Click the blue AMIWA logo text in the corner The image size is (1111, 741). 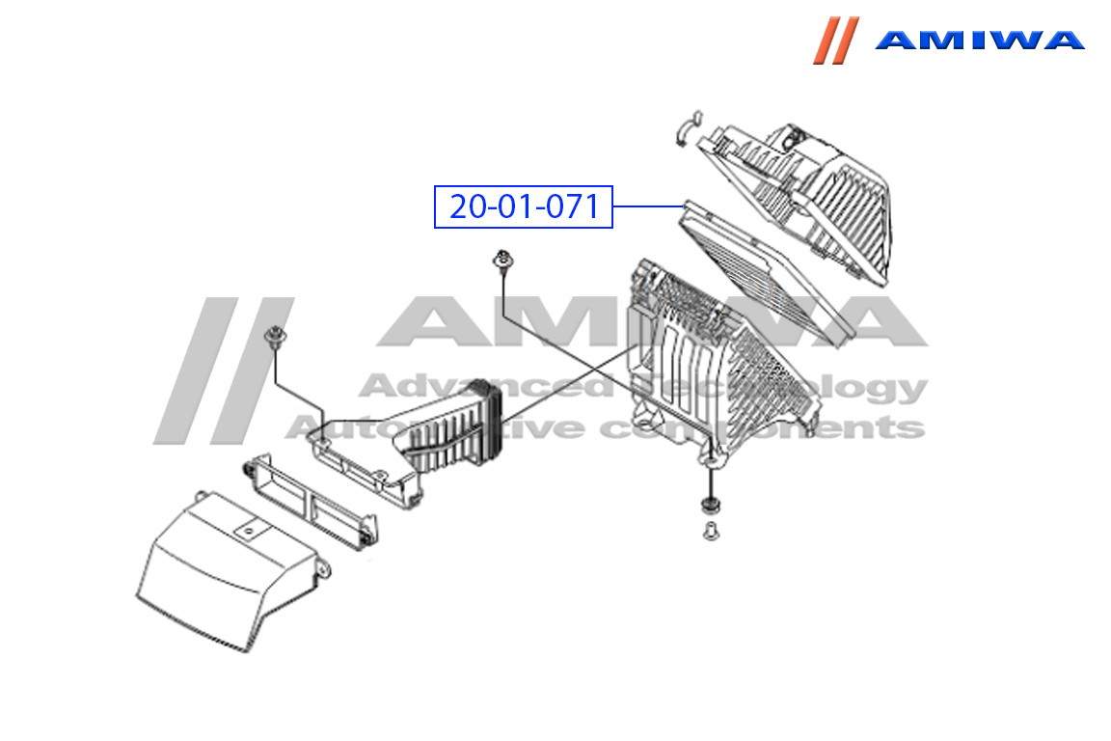tap(979, 40)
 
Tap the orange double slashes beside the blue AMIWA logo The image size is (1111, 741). tap(836, 41)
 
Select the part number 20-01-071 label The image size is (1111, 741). tap(524, 206)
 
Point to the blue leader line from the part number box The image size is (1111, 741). tap(648, 206)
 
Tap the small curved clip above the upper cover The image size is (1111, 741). tap(688, 127)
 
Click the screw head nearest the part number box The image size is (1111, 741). tap(503, 260)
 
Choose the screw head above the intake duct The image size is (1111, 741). tap(275, 337)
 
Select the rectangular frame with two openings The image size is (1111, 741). tap(311, 502)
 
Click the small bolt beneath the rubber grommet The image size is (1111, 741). tap(711, 531)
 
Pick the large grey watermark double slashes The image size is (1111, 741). tap(224, 370)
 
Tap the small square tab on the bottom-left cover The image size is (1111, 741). tap(249, 530)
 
